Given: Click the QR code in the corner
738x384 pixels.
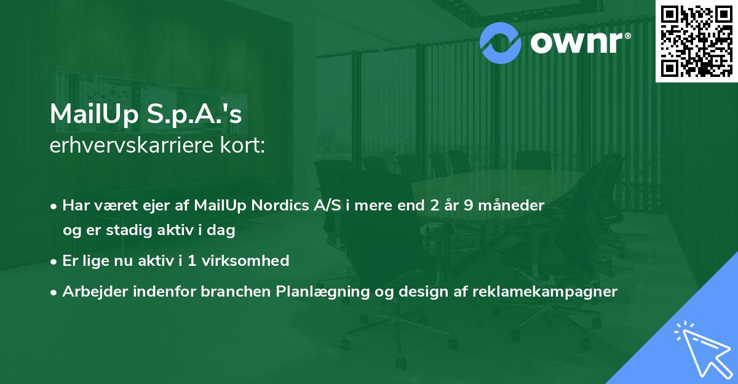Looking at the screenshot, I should (696, 41).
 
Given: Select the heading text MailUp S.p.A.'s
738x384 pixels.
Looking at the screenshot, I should (146, 115).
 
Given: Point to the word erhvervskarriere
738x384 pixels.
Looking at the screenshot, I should (128, 146).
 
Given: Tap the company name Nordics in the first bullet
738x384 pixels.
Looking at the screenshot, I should (282, 206).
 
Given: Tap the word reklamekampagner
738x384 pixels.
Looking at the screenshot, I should (544, 292).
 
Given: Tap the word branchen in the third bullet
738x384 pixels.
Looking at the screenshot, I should (227, 292).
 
